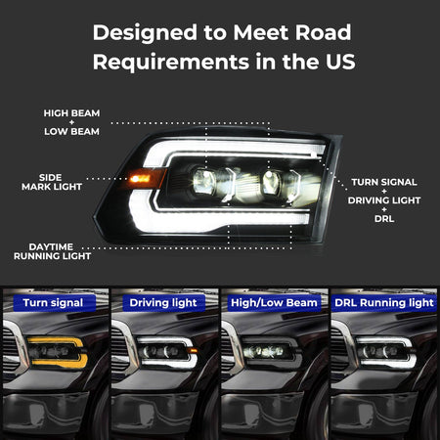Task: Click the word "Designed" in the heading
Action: pos(145,33)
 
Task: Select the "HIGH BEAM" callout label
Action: pos(71,113)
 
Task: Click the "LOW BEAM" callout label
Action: pos(71,131)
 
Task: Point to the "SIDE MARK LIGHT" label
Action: pos(52,182)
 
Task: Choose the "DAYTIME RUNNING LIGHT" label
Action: pos(52,251)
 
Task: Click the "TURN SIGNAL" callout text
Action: pos(384,182)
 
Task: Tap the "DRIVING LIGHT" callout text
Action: pos(384,200)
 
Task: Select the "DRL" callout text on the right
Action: pos(384,218)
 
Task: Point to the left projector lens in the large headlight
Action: pos(204,181)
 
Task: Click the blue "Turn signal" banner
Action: pos(54,303)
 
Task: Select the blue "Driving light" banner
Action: pos(163,303)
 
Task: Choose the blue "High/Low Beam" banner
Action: pos(274,303)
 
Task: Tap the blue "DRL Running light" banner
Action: pos(384,303)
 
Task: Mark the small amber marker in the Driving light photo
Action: pos(193,351)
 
